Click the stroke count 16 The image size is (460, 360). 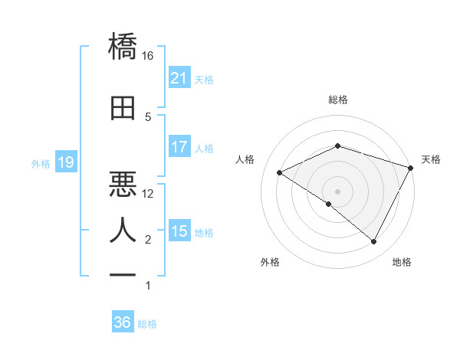click(x=148, y=56)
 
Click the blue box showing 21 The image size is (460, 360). click(x=179, y=77)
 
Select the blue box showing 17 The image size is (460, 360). click(x=179, y=147)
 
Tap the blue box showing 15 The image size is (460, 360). click(x=179, y=231)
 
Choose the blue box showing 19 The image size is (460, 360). click(x=65, y=162)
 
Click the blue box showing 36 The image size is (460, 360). click(x=122, y=322)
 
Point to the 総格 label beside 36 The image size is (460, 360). click(x=147, y=324)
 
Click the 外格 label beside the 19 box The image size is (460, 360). click(x=41, y=163)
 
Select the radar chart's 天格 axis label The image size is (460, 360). click(x=431, y=159)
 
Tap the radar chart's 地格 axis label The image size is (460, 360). click(x=402, y=263)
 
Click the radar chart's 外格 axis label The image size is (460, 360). click(x=270, y=263)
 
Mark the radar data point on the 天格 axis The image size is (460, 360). click(x=412, y=168)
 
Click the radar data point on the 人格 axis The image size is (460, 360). click(x=280, y=173)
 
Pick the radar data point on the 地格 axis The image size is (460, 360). click(x=374, y=242)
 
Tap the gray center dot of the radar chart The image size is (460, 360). click(x=337, y=191)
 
